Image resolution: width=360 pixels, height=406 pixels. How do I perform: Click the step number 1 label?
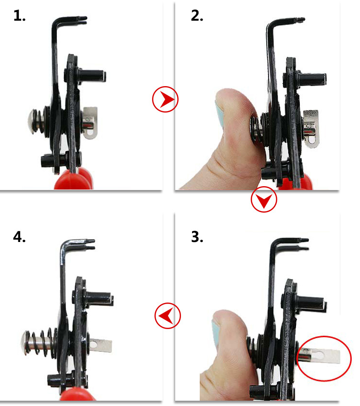click(19, 15)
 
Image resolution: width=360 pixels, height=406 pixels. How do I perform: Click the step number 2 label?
click(197, 15)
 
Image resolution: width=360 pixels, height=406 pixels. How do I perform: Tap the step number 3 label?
click(197, 237)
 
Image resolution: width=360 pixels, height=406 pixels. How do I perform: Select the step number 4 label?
click(19, 237)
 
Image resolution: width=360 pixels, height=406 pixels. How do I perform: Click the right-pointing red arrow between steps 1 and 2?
click(165, 99)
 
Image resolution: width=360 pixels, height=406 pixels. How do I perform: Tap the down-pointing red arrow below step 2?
click(264, 199)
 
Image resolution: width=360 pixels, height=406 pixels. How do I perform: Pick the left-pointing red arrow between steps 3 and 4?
click(168, 316)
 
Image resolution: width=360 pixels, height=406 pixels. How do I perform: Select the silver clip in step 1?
click(90, 123)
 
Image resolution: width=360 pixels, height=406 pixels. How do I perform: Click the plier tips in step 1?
click(83, 20)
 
